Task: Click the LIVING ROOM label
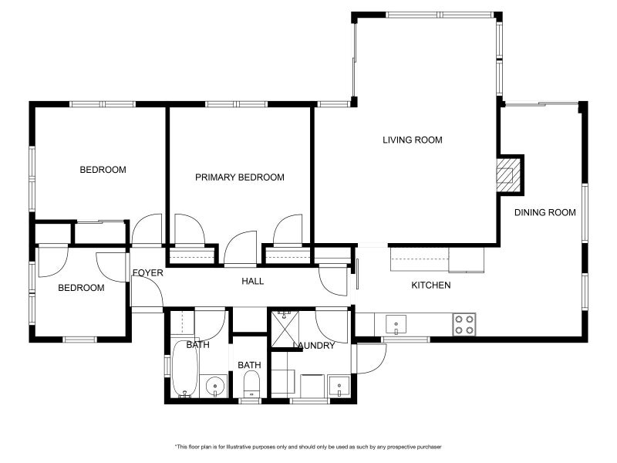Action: [x=413, y=140]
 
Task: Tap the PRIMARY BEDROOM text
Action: [x=240, y=177]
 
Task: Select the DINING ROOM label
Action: [x=545, y=213]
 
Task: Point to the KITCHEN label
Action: [x=431, y=285]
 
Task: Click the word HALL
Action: [x=253, y=281]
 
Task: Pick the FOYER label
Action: [x=147, y=272]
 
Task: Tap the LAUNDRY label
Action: [x=314, y=346]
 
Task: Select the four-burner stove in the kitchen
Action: [x=464, y=325]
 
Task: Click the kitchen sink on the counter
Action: [x=396, y=325]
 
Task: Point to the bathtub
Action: [x=184, y=370]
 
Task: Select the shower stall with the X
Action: [x=285, y=330]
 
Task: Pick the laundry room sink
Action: [x=339, y=387]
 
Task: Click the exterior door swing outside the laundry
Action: [x=371, y=358]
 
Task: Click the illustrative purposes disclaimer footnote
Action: [x=308, y=447]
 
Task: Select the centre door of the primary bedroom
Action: [x=241, y=248]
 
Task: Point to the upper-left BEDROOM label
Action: [x=103, y=170]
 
